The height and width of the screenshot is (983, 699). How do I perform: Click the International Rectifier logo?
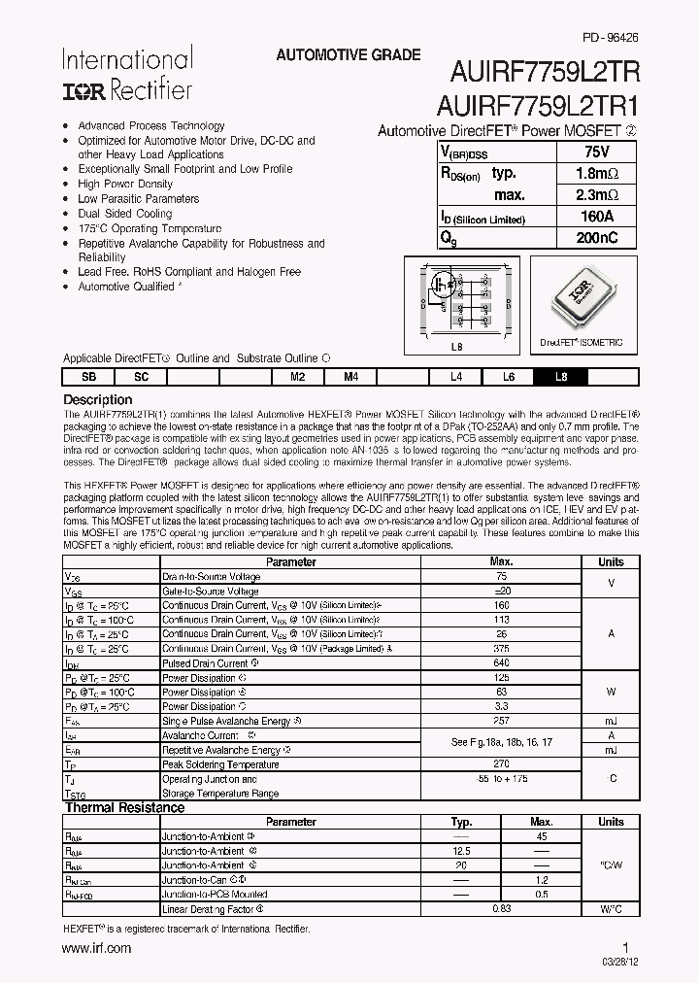tap(127, 74)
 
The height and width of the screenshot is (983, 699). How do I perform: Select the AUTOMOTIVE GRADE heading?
tap(348, 55)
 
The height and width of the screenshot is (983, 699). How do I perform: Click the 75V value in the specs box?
tap(596, 152)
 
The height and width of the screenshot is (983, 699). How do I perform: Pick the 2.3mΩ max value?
tap(596, 194)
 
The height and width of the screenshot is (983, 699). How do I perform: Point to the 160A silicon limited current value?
tap(596, 216)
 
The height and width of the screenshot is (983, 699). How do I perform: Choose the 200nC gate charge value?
tap(596, 238)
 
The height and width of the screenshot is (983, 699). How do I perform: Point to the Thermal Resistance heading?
tap(124, 807)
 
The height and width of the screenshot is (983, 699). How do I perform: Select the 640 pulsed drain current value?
tap(501, 662)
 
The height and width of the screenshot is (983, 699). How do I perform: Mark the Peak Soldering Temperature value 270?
tap(501, 764)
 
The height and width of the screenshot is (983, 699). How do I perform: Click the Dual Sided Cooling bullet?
tap(124, 214)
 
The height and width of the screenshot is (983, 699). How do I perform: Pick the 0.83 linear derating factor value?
tap(501, 909)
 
